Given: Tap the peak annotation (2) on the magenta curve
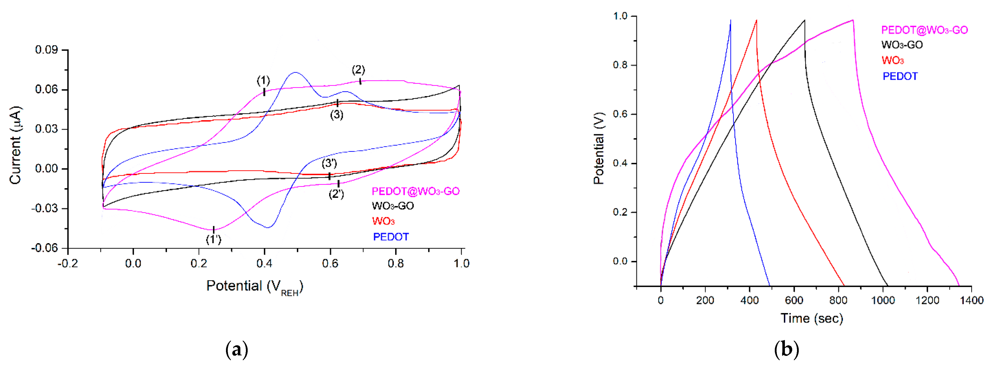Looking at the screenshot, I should [358, 70].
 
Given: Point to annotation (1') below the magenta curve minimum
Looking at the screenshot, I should [213, 240].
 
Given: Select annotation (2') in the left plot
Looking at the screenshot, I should [336, 194].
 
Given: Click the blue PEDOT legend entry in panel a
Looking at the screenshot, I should [390, 237].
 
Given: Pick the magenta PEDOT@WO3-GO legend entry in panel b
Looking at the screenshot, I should [924, 30].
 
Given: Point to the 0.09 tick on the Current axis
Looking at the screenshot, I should [46, 50].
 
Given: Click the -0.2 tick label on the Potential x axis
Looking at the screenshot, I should [68, 264].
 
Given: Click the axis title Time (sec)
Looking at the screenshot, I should [812, 318].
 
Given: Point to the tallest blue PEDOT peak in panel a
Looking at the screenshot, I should [296, 72].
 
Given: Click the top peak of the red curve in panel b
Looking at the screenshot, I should [756, 20].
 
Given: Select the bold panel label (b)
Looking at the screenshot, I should [786, 350].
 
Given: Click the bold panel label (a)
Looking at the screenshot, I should [237, 350].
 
